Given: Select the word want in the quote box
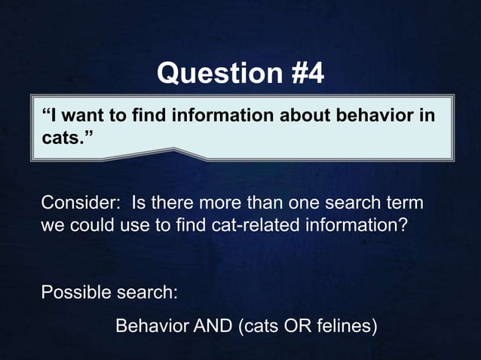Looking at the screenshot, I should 84,117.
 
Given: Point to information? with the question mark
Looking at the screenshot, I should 363,225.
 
